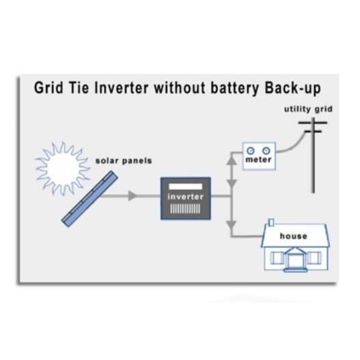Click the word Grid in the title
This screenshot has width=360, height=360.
49,87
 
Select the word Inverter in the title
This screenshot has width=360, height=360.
121,87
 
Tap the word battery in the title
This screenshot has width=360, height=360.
234,89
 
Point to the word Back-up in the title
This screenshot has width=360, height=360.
292,89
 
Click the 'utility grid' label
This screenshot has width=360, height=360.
308,109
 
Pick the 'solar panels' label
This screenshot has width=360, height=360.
124,161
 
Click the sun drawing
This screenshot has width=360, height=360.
62,168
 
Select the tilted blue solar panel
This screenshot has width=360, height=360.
89,199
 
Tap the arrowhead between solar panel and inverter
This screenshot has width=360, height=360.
133,196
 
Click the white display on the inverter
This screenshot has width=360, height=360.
186,186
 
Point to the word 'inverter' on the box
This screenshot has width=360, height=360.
186,197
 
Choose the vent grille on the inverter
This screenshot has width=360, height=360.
185,209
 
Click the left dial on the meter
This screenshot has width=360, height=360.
251,151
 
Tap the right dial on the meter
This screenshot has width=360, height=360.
266,151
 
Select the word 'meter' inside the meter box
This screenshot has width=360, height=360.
258,160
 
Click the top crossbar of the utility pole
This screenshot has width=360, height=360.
312,122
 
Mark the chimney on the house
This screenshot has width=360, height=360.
271,223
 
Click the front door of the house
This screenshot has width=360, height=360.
295,260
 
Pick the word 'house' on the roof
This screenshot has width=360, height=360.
294,236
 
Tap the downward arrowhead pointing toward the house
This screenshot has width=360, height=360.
232,225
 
